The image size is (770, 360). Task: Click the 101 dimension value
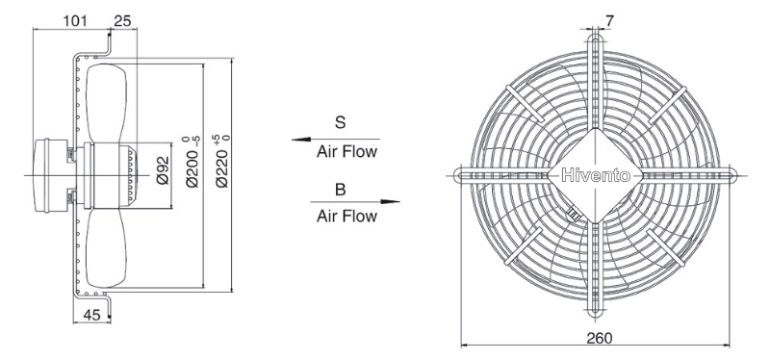pos(75,20)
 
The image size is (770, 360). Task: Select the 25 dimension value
pos(122,20)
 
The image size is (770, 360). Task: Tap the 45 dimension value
pos(91,315)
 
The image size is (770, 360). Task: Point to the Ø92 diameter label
pos(163,170)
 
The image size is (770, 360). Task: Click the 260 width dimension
pos(600,338)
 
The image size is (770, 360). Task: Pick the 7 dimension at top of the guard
pos(609,20)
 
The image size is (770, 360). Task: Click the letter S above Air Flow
pos(341,122)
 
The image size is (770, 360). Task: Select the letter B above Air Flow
pos(340,190)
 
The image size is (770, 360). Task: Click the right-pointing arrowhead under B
pos(390,201)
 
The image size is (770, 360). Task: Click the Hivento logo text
pos(595,175)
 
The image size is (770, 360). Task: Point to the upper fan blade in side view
pos(106,104)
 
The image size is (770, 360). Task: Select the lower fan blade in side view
pos(106,248)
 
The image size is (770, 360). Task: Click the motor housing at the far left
pos(51,175)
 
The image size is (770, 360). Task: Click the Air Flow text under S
pos(346,152)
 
